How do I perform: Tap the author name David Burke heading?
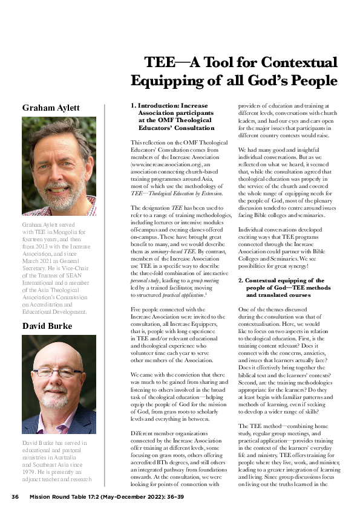click(48, 326)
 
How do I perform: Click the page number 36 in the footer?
click(16, 497)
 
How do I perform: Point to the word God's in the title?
click(264, 80)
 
